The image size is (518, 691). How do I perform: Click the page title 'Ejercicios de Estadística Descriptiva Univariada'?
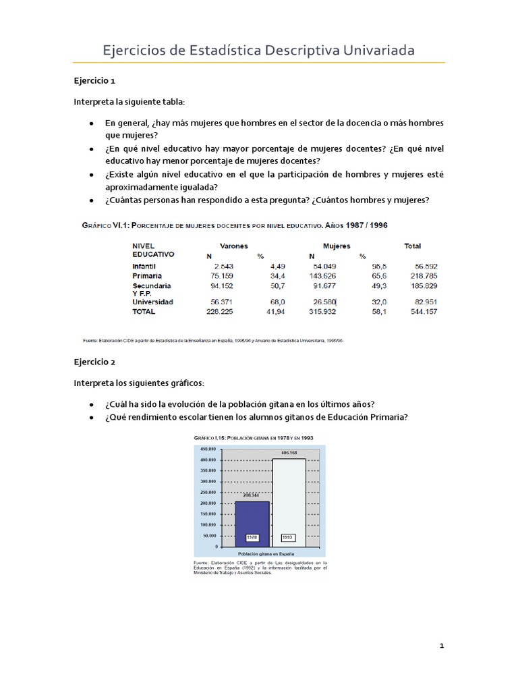coord(258,51)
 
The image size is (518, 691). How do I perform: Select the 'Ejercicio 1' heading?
coord(94,80)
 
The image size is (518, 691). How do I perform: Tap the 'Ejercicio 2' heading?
coord(95,362)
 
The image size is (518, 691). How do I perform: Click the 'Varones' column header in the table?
coord(233,246)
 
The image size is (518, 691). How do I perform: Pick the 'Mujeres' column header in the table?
coord(337,246)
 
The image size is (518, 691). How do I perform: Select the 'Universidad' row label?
coord(153,302)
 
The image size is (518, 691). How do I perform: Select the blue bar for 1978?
coord(252,523)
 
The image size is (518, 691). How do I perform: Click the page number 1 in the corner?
coord(442,646)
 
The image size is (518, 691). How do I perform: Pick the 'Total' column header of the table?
coord(412,246)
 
